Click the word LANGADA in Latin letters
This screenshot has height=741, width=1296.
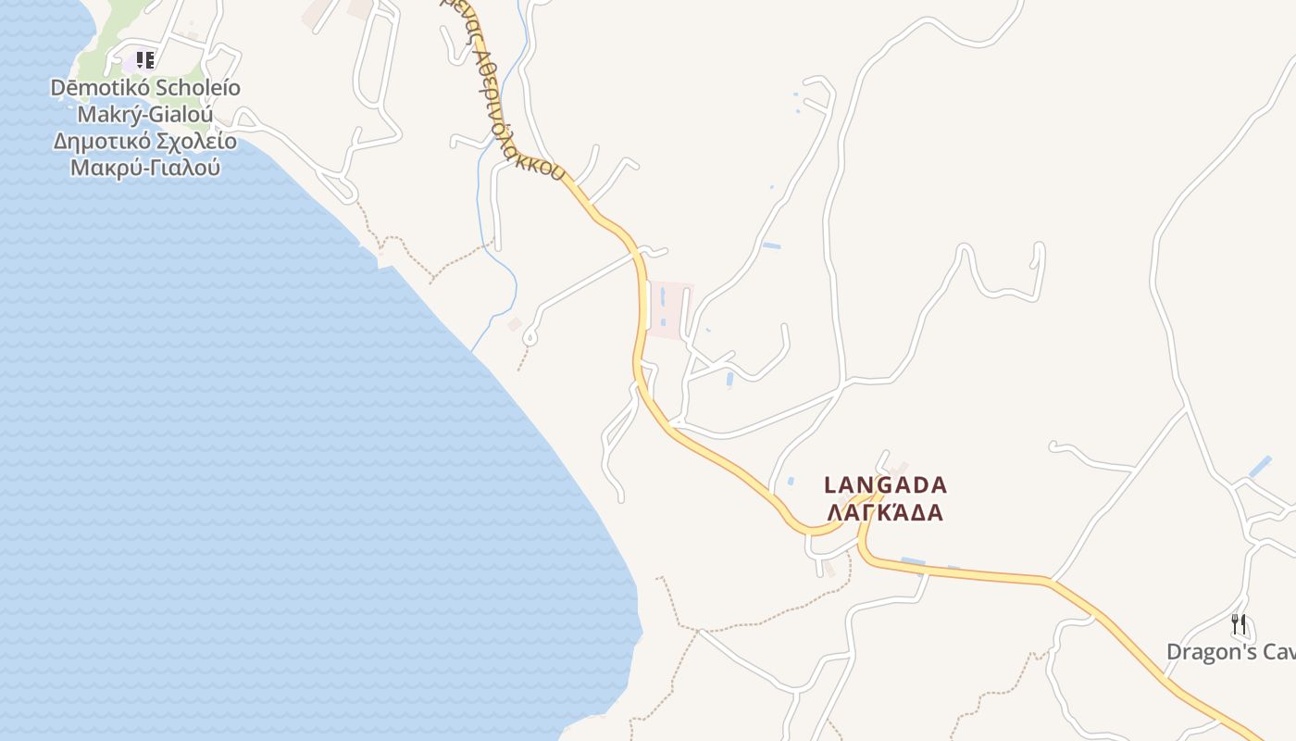point(886,484)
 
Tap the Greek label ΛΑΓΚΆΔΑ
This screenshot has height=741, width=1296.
point(886,513)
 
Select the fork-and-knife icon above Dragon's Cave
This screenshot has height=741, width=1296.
point(1240,624)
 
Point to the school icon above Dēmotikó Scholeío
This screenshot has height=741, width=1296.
point(145,61)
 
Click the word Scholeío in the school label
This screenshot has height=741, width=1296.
point(183,89)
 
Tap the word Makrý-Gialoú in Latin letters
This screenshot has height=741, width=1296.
point(145,116)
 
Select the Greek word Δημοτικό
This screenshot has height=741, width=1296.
point(103,143)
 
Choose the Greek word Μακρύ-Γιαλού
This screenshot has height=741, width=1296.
point(145,169)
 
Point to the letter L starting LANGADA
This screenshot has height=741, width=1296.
point(830,484)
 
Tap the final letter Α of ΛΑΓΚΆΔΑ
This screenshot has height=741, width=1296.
point(936,513)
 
